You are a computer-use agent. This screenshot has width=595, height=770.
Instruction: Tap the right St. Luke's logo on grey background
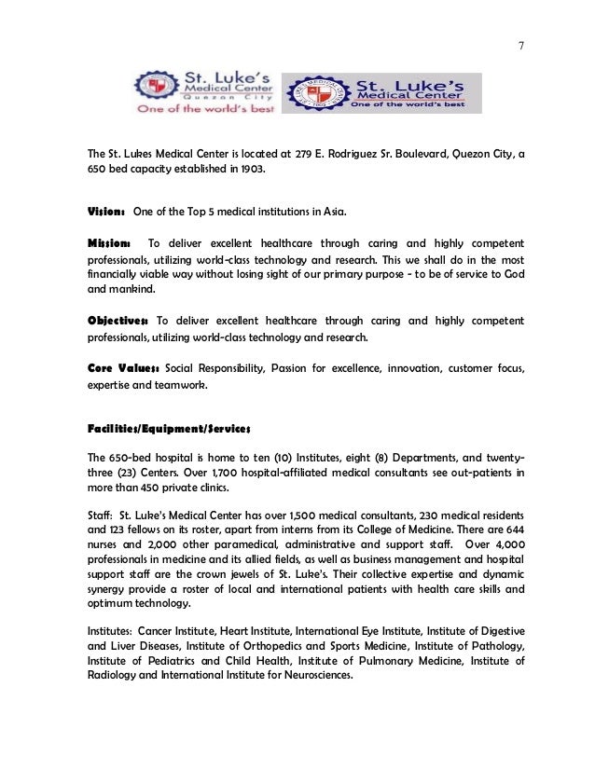click(382, 92)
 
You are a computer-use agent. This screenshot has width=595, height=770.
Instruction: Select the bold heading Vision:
click(106, 213)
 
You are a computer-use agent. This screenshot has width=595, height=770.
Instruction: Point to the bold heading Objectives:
click(119, 321)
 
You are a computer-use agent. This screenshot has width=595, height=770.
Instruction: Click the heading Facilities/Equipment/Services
click(170, 429)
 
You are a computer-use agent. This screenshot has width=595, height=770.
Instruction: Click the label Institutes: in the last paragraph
click(111, 631)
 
